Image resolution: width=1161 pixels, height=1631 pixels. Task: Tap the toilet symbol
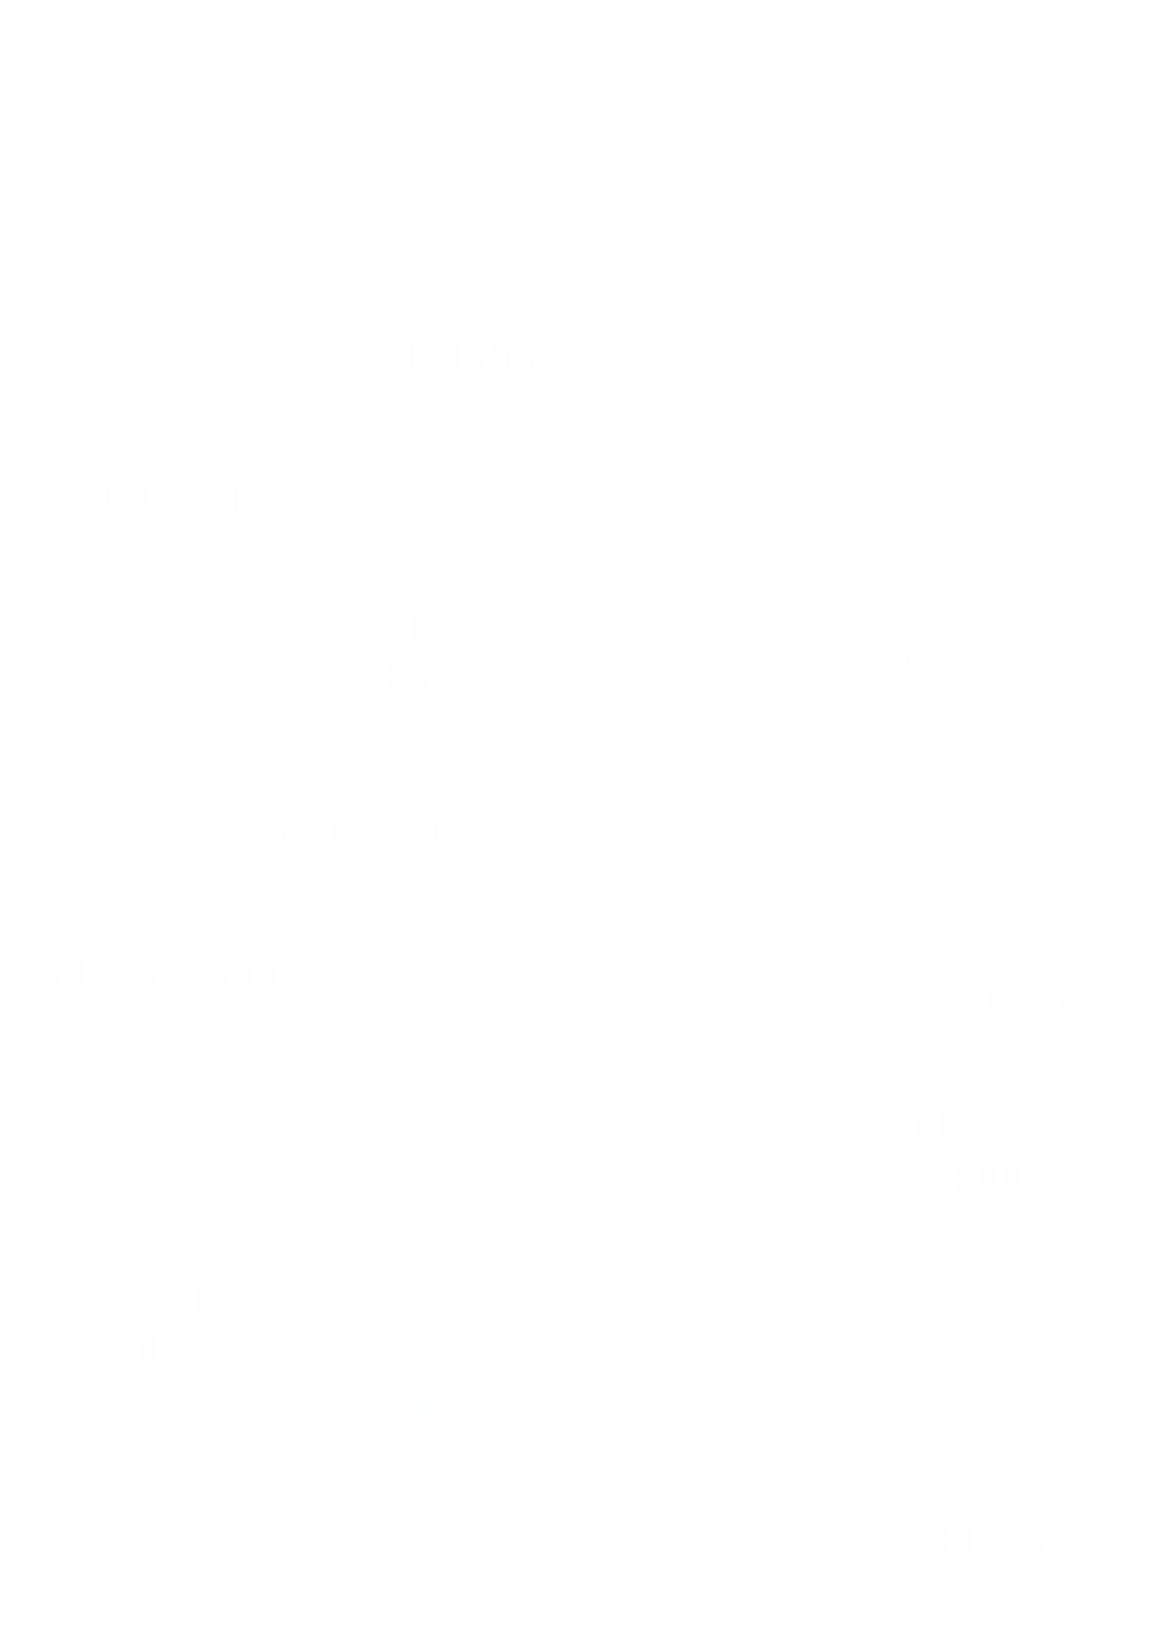(833, 975)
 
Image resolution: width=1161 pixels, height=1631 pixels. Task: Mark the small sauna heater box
(697, 838)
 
